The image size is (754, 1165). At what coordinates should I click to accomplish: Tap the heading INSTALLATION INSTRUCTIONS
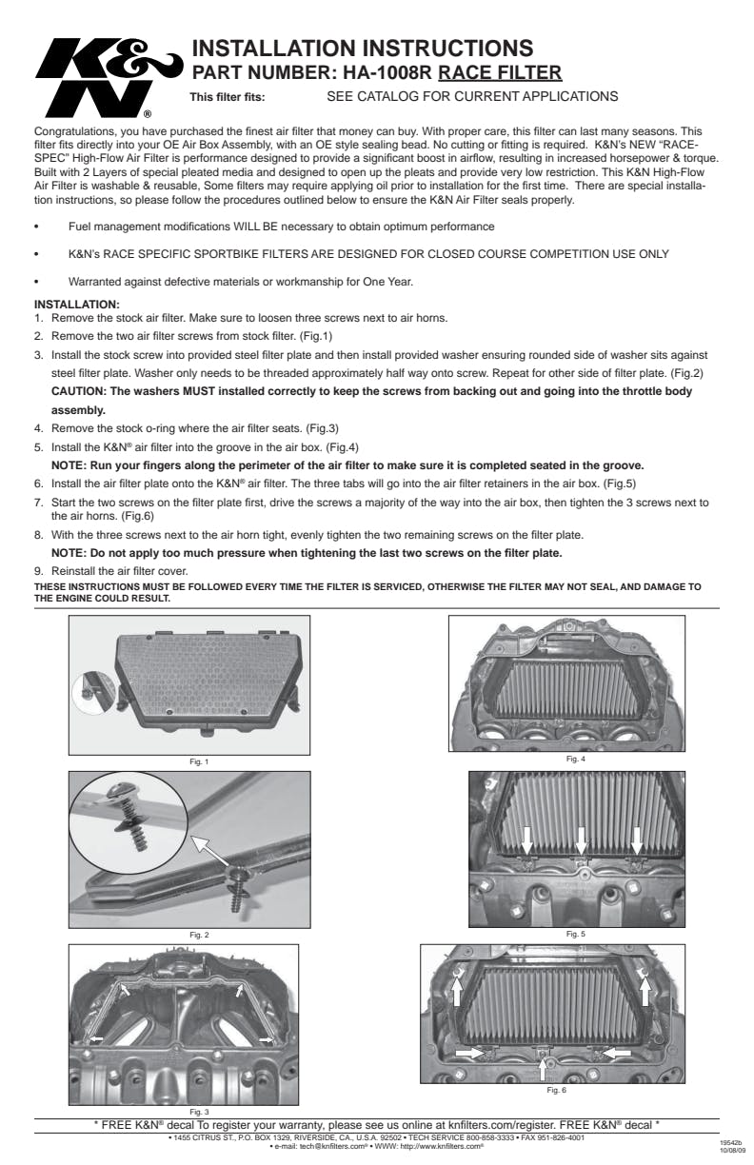click(362, 48)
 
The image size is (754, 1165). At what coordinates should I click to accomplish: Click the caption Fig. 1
click(200, 760)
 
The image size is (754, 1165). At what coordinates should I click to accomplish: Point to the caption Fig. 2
click(200, 935)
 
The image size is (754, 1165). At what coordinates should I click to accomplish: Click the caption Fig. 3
click(200, 1111)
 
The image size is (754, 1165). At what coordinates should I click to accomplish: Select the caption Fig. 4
click(576, 758)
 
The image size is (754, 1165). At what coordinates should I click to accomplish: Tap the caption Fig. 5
click(576, 934)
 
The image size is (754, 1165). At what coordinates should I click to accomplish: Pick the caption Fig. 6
click(556, 1090)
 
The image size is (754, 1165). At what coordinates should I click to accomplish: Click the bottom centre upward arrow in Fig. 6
click(543, 1068)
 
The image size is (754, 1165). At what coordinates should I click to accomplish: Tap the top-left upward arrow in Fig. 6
click(457, 991)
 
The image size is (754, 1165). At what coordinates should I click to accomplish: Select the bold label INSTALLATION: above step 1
click(77, 304)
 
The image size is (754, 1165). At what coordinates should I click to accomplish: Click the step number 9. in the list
click(39, 570)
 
